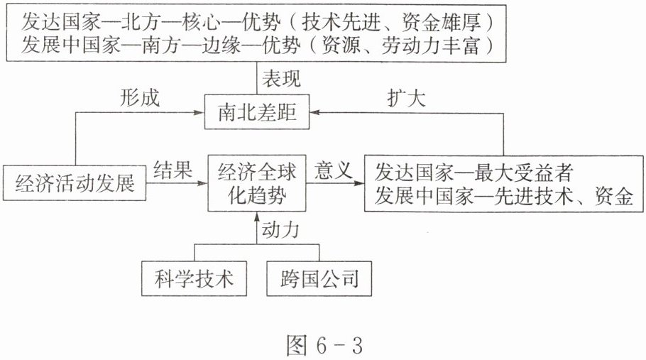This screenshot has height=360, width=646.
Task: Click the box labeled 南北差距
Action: pyautogui.click(x=257, y=112)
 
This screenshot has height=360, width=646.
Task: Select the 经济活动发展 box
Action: pyautogui.click(x=75, y=183)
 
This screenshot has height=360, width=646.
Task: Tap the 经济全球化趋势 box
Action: pyautogui.click(x=257, y=183)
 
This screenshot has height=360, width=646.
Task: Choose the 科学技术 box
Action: pyautogui.click(x=194, y=278)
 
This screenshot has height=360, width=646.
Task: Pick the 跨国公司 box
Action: pyautogui.click(x=319, y=278)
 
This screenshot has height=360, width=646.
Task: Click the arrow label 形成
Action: pyautogui.click(x=140, y=98)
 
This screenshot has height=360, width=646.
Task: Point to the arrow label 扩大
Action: pyautogui.click(x=406, y=98)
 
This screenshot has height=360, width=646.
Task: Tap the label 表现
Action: pyautogui.click(x=281, y=78)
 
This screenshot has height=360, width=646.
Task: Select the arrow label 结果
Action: pyautogui.click(x=173, y=169)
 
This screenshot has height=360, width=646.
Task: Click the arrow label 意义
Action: pyautogui.click(x=333, y=170)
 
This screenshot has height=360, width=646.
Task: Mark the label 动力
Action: pyautogui.click(x=280, y=230)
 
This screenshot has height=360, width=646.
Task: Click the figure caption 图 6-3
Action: pyautogui.click(x=324, y=345)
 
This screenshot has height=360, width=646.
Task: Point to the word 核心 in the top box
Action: pyautogui.click(x=202, y=21)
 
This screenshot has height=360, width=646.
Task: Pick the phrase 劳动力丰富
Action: pyautogui.click(x=431, y=45)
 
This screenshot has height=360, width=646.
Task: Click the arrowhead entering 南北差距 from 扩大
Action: pyautogui.click(x=314, y=112)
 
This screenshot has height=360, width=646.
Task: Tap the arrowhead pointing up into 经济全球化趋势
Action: pyautogui.click(x=257, y=217)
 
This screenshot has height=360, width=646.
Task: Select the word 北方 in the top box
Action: pyautogui.click(x=141, y=21)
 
